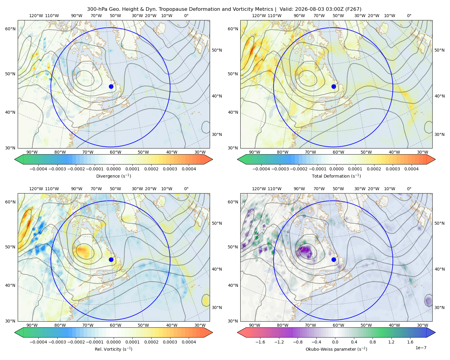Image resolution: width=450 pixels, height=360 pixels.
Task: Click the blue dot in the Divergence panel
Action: (111, 86)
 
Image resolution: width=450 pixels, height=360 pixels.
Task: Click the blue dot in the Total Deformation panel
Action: (334, 86)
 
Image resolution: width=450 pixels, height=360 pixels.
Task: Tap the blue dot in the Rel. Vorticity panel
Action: (111, 259)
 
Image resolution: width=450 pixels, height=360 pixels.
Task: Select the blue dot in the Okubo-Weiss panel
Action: (334, 259)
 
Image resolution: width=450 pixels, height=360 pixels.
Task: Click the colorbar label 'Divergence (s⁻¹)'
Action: (113, 176)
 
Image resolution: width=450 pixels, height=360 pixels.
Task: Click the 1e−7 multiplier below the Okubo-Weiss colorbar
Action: (421, 348)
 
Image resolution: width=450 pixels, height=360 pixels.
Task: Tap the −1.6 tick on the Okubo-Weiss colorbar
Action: (260, 342)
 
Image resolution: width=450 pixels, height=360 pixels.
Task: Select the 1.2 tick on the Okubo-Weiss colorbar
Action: (391, 342)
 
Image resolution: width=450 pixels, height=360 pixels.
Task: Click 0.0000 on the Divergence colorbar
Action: (113, 169)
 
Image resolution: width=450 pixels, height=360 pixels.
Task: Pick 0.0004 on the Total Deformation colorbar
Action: (411, 169)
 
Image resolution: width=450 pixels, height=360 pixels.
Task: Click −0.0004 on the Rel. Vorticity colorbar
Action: (38, 342)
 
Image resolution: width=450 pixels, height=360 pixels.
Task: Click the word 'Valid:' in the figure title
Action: (286, 9)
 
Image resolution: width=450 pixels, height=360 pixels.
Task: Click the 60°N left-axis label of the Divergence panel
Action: (10, 29)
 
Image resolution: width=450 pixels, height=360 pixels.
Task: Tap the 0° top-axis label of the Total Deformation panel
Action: (409, 16)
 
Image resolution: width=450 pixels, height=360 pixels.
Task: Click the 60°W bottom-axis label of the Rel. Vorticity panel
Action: (115, 325)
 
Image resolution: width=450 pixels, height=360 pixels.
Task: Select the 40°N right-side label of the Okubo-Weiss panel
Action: (439, 269)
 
